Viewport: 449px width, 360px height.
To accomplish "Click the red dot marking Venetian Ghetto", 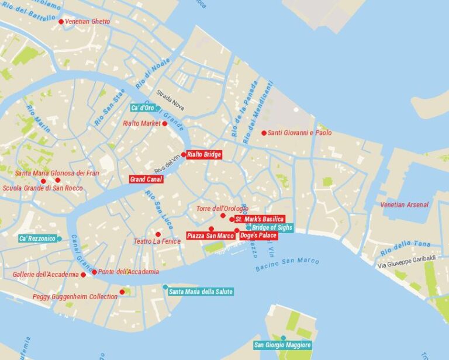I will pos(61,22).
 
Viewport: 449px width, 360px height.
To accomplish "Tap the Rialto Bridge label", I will pos(204,155).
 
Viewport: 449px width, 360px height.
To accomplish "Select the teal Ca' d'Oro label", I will pos(143,108).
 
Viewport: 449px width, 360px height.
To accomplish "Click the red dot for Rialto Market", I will pos(164,123).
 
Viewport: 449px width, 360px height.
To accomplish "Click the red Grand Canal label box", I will pos(146,179).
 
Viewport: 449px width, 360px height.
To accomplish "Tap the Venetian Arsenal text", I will pos(404,205).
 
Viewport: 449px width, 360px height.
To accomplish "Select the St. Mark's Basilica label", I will pos(260,219).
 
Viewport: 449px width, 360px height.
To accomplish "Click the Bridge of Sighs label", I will pos(272,227).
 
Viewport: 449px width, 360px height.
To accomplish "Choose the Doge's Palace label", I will pos(258,236).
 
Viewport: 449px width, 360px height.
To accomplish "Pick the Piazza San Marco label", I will pos(211,236).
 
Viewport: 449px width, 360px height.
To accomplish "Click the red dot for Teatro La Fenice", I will pos(158,234).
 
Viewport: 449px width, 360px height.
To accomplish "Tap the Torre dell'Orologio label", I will pos(222,209).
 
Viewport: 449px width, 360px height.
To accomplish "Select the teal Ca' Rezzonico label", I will pos(37,238).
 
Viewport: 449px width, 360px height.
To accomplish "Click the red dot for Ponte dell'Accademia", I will pos(94,272).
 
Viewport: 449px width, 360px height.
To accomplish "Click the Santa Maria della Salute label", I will pos(201,292).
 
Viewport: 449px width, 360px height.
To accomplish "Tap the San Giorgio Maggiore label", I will pos(282,345).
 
